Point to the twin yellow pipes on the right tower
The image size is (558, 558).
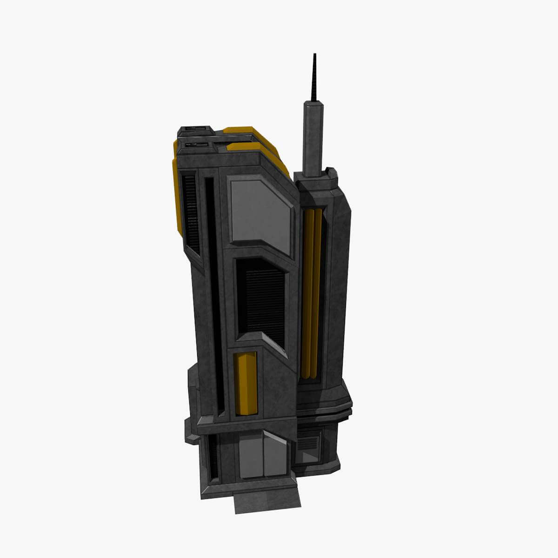(312, 293)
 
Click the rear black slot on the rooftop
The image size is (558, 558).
(196, 128)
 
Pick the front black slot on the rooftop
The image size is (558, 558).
(195, 145)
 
